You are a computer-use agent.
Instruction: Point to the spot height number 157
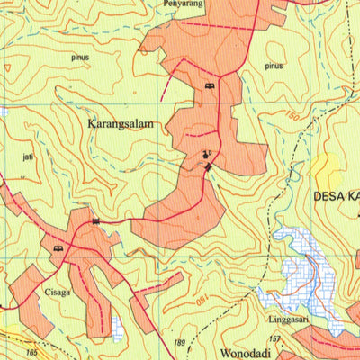[x=274, y=338]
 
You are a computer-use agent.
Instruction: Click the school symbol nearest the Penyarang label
[x=209, y=85]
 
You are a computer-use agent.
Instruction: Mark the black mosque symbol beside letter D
[x=205, y=154]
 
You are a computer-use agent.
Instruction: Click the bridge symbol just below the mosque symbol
[x=208, y=167]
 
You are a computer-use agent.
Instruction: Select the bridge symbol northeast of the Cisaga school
[x=94, y=220]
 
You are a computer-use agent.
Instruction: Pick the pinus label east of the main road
[x=274, y=66]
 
